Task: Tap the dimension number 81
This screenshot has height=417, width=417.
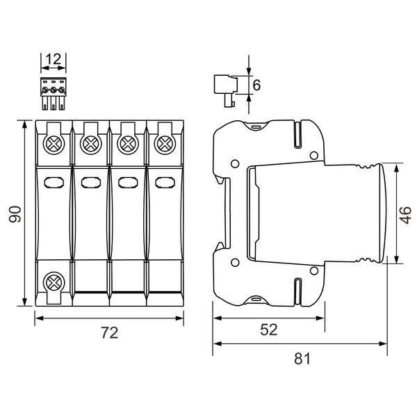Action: pyautogui.click(x=300, y=359)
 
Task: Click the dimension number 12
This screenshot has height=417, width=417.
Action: pyautogui.click(x=53, y=60)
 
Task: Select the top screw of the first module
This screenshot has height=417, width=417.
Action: pyautogui.click(x=54, y=144)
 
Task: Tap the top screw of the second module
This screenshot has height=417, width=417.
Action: pyautogui.click(x=90, y=144)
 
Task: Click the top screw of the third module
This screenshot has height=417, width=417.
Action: pyautogui.click(x=127, y=144)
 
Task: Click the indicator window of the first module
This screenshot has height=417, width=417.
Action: pyautogui.click(x=54, y=183)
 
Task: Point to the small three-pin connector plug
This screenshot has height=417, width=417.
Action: pyautogui.click(x=53, y=94)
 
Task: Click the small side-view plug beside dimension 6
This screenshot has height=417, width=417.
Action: pyautogui.click(x=227, y=90)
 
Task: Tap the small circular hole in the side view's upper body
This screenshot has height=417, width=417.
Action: pyautogui.click(x=234, y=165)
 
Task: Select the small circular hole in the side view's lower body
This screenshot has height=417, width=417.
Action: pyautogui.click(x=234, y=261)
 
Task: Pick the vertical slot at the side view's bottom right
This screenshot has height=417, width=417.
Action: pyautogui.click(x=298, y=291)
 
